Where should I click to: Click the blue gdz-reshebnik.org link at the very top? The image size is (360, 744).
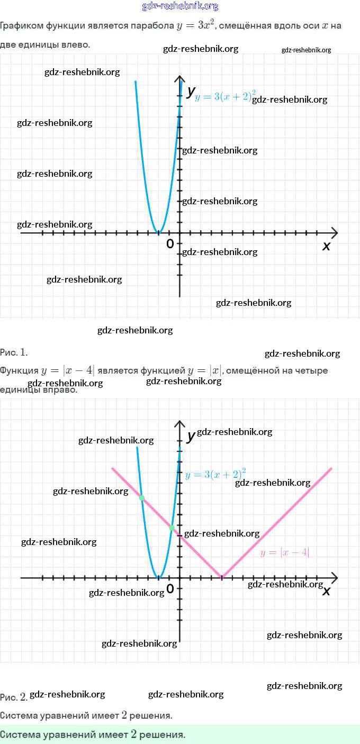180,6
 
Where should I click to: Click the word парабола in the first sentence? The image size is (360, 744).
155,26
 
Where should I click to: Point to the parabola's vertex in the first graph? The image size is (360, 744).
158,232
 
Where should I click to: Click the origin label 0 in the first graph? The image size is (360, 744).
170,244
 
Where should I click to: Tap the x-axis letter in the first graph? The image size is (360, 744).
326,246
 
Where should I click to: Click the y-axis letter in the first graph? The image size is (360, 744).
191,91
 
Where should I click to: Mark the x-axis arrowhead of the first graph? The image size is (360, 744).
334,232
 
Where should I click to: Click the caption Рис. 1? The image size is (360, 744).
14,352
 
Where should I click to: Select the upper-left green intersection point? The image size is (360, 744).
141,497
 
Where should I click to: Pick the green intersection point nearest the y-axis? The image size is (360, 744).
172,528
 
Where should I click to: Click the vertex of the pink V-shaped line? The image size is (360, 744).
222,577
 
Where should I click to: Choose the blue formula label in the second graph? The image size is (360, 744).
215,474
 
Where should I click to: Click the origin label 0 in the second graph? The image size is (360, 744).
170,588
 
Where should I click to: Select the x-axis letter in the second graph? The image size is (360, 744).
326,591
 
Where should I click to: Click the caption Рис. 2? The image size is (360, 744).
14,697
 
